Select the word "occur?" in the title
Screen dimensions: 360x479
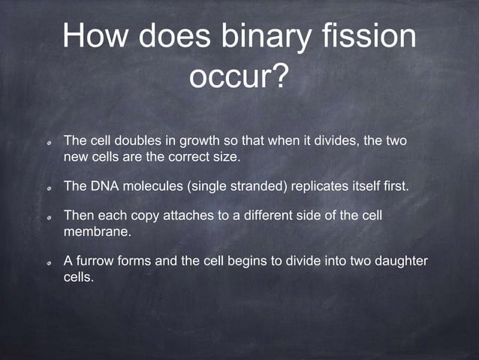click(239, 77)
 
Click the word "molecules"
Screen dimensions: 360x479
click(150, 186)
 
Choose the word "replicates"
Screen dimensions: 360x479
click(315, 186)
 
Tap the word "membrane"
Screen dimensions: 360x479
click(97, 232)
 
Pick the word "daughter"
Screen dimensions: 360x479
click(400, 261)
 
